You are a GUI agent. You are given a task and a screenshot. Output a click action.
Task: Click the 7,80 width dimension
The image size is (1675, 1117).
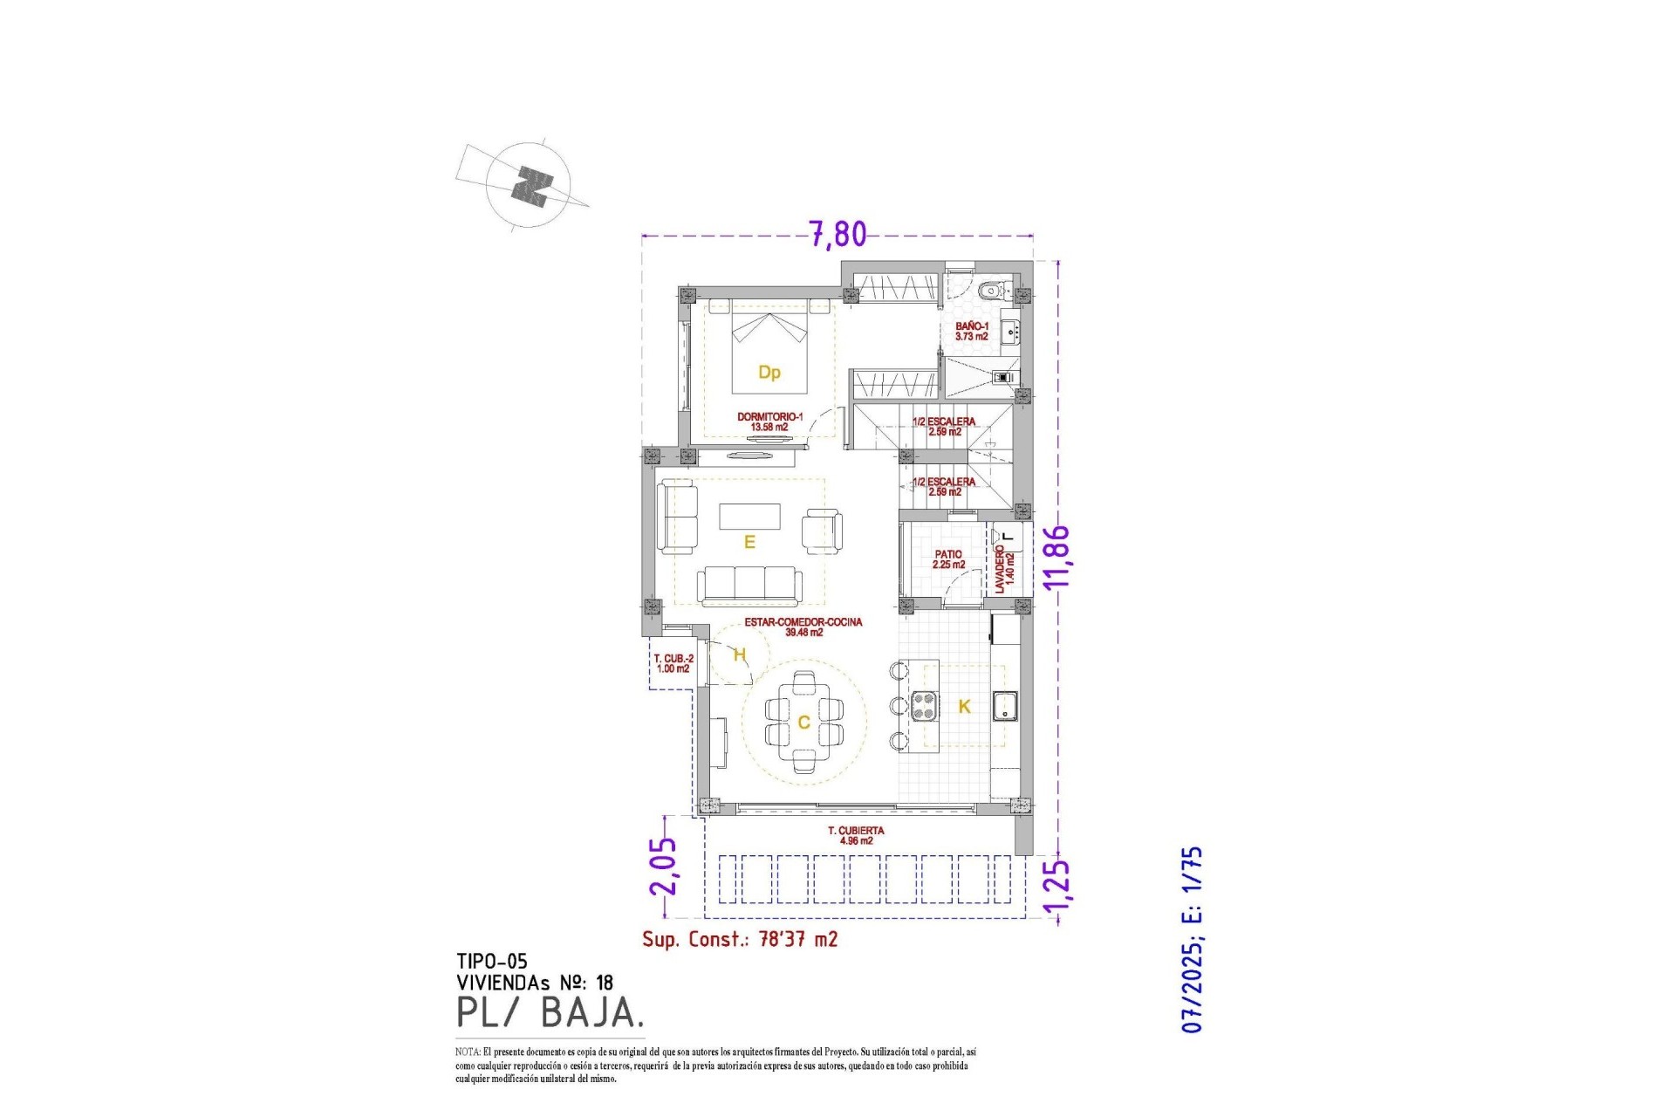point(837,234)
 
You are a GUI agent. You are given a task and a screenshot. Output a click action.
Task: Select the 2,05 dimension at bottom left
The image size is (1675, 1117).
point(663,867)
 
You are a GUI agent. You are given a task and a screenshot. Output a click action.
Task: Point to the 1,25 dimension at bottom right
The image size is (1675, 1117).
point(1056,891)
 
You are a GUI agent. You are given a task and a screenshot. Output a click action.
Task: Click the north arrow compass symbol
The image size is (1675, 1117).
point(529,186)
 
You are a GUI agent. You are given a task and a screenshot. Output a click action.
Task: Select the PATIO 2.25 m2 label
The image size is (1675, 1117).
point(948,559)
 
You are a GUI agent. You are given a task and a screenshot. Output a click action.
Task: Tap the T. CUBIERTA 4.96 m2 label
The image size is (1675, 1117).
point(855,836)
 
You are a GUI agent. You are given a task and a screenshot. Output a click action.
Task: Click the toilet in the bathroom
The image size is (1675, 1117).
point(991,291)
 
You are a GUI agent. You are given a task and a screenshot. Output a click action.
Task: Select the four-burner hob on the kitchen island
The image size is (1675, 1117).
point(924,705)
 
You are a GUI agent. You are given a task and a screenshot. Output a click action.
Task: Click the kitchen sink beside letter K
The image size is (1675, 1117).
point(1006,705)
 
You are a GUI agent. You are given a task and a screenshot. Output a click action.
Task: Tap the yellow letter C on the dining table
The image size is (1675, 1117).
point(803,723)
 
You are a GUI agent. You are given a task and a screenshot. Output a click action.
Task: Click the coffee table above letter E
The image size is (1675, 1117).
point(749,516)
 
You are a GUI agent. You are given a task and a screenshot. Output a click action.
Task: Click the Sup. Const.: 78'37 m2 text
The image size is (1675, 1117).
point(740,939)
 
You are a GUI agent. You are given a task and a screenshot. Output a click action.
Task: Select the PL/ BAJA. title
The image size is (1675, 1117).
point(550,1012)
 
